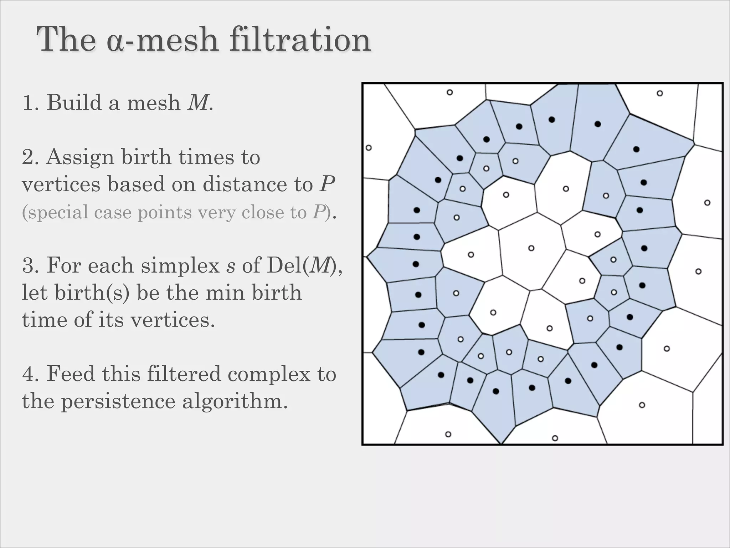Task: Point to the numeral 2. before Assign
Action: coord(31,157)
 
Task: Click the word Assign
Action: coord(80,157)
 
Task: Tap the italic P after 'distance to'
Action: coord(327,184)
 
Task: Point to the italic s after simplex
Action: coord(231,266)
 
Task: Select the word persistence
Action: coord(118,401)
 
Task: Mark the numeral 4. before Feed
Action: coord(31,374)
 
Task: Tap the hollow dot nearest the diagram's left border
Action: coord(369,148)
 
